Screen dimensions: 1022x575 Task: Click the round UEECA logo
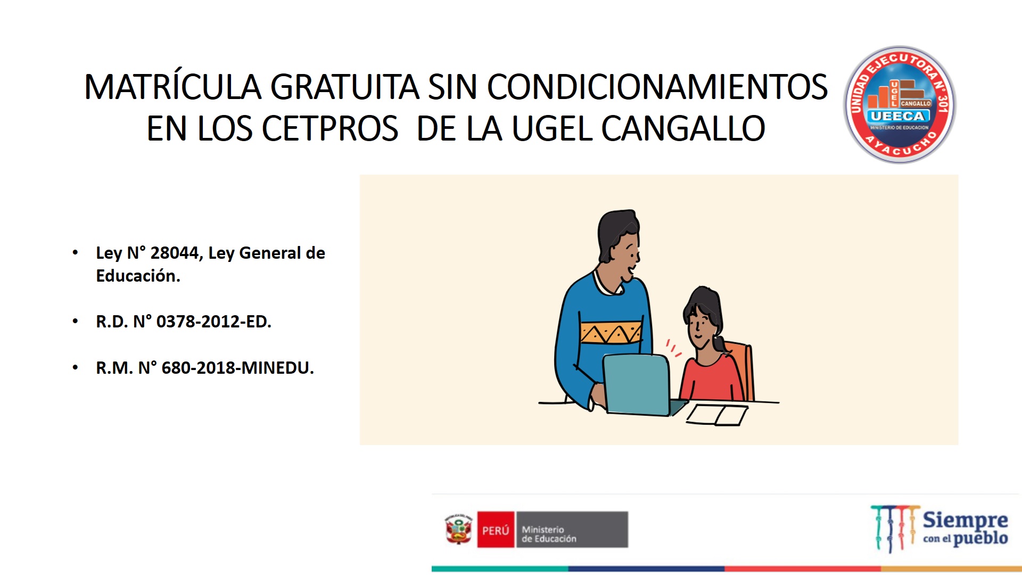pyautogui.click(x=900, y=104)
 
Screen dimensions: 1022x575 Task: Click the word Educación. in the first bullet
pyautogui.click(x=138, y=276)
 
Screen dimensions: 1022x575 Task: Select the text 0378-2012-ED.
pyautogui.click(x=213, y=322)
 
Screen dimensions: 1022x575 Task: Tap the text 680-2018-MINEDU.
pyautogui.click(x=237, y=368)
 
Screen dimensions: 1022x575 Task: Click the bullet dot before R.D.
pyautogui.click(x=76, y=321)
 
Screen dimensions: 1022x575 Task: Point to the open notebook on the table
pyautogui.click(x=717, y=415)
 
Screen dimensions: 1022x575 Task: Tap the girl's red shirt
pyautogui.click(x=712, y=378)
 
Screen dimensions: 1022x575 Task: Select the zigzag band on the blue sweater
pyautogui.click(x=611, y=333)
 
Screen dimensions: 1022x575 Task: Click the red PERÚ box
pyautogui.click(x=496, y=530)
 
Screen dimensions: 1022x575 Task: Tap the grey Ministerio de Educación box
pyautogui.click(x=572, y=530)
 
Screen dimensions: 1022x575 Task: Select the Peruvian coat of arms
pyautogui.click(x=459, y=529)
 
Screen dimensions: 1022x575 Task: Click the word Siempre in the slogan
pyautogui.click(x=965, y=519)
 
